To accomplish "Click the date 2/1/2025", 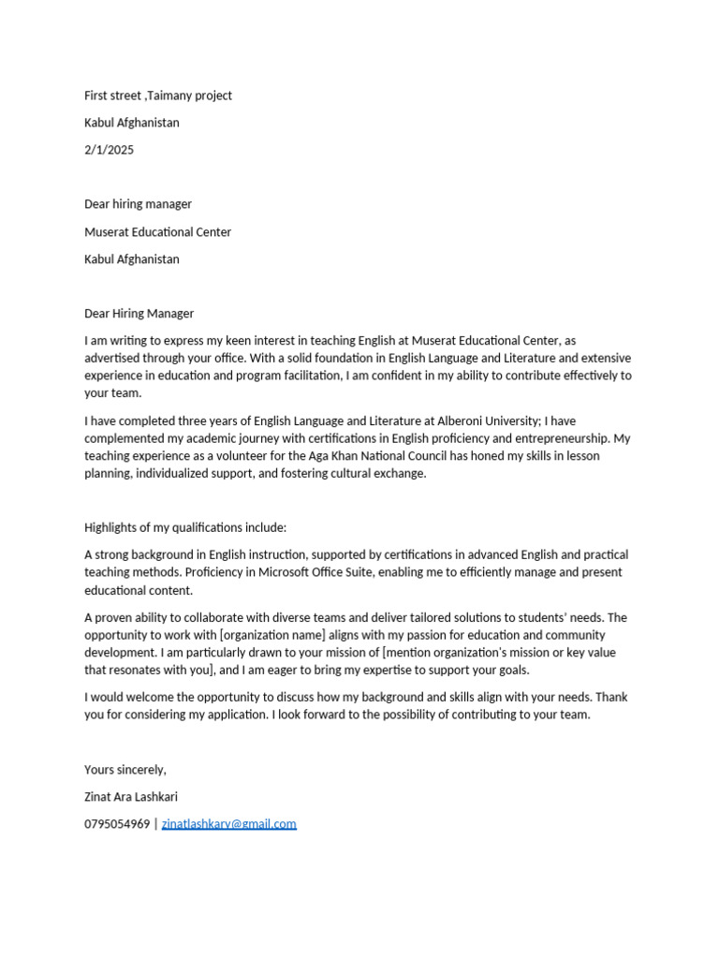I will (x=109, y=150).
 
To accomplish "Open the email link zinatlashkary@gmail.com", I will (x=228, y=824).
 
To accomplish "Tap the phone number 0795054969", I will (x=116, y=824).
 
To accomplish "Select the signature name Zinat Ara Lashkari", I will (x=130, y=797).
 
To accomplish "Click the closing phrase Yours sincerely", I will (x=125, y=770).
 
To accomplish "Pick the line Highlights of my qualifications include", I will (x=185, y=528).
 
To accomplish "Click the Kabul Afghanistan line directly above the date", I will (x=131, y=123).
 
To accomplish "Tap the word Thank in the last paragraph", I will (x=611, y=697).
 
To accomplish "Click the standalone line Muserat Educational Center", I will (x=157, y=232).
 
